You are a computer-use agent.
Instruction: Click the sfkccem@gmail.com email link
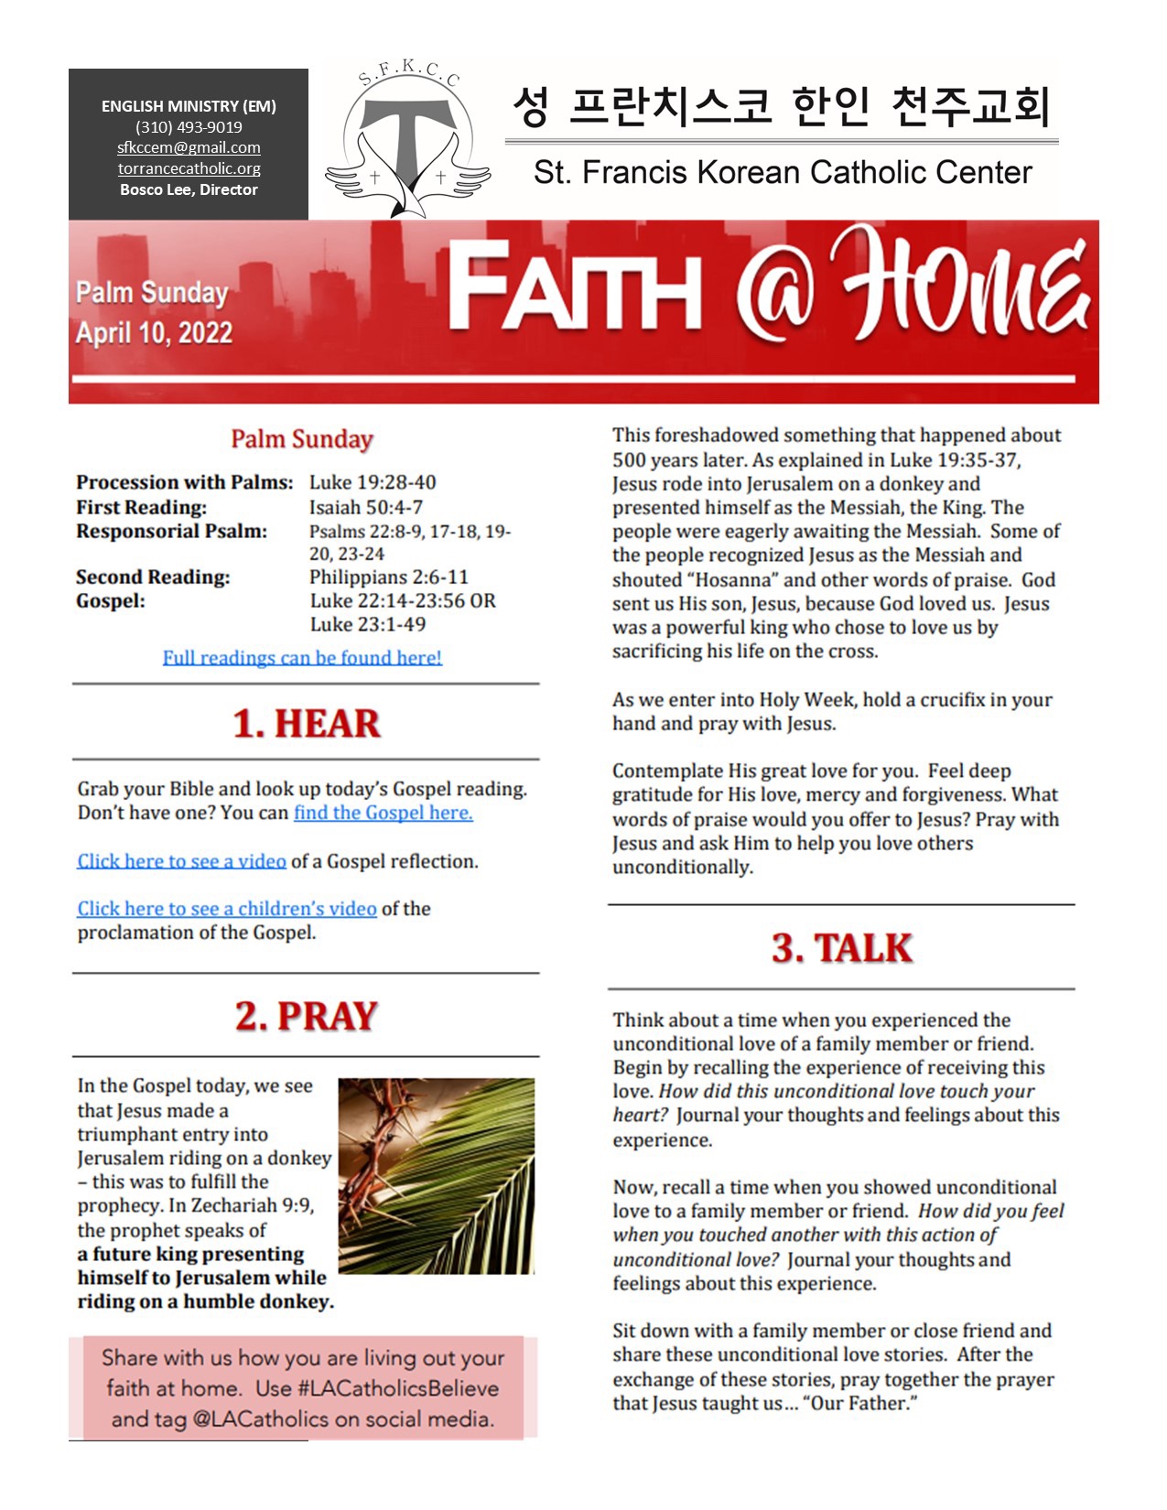tap(189, 147)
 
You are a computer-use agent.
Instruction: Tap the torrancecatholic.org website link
tap(189, 168)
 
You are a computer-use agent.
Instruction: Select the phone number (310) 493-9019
tap(189, 127)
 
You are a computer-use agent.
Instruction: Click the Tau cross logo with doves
tap(408, 142)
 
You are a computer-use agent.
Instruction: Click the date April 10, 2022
tap(154, 332)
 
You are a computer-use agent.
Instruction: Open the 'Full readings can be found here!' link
tap(302, 657)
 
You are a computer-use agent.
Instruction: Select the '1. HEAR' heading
tap(306, 723)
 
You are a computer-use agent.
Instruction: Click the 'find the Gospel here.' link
tap(383, 813)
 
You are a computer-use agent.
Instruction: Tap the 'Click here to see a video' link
tap(181, 861)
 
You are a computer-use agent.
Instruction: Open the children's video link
tap(227, 909)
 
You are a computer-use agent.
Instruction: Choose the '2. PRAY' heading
tap(306, 1016)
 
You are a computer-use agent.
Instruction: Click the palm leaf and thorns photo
tap(436, 1176)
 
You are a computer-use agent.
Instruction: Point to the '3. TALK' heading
tap(841, 948)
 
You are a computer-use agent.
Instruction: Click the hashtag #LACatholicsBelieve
tap(398, 1388)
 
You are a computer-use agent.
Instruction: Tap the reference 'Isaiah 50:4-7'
tap(365, 507)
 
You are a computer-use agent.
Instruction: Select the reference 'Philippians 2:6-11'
tap(388, 577)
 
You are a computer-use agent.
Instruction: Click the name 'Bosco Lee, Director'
tap(189, 189)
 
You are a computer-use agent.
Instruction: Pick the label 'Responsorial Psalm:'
tap(171, 532)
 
